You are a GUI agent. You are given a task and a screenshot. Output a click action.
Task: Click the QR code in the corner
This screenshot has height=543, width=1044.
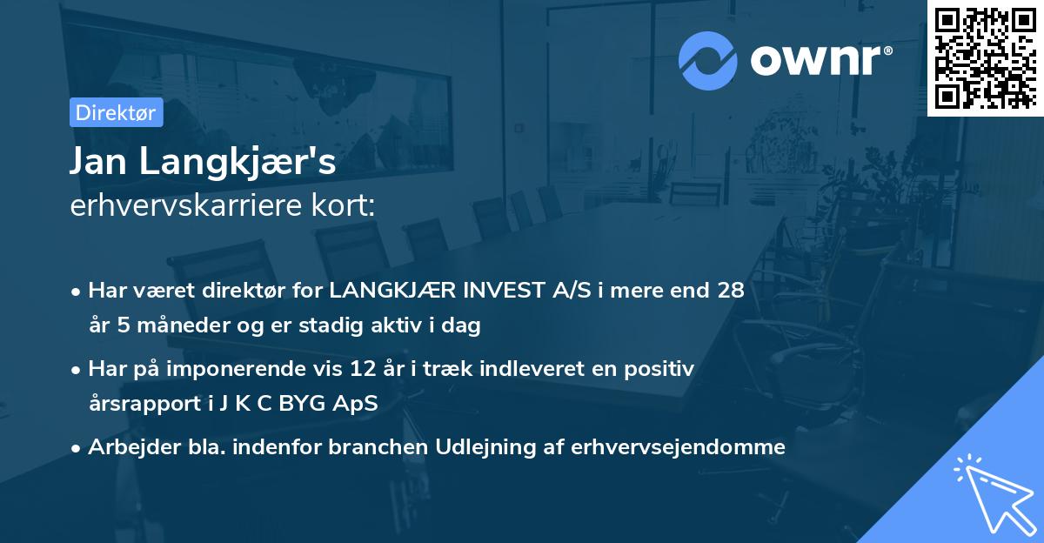(985, 57)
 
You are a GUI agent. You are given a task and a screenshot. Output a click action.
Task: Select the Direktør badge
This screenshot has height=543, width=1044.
(115, 112)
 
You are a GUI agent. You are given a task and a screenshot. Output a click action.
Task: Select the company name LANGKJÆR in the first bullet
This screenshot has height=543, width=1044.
(398, 291)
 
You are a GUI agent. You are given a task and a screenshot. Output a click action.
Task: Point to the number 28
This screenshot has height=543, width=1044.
(731, 291)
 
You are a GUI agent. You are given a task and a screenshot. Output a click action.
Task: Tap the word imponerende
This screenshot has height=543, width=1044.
(269, 369)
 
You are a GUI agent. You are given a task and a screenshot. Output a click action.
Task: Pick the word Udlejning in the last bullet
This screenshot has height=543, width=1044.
(491, 447)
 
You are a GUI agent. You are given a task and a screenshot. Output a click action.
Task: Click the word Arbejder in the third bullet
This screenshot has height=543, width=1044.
(125, 447)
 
